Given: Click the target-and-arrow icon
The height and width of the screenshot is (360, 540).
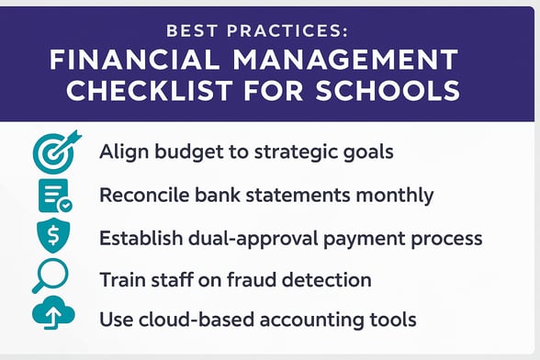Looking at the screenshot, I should (x=54, y=151).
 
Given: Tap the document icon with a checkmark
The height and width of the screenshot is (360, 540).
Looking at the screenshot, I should (x=54, y=196).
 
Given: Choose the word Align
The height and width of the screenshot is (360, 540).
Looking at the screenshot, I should (x=123, y=152).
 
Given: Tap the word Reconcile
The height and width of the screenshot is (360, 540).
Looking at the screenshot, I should (x=145, y=195).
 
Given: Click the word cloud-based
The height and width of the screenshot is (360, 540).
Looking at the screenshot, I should (x=187, y=321).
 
